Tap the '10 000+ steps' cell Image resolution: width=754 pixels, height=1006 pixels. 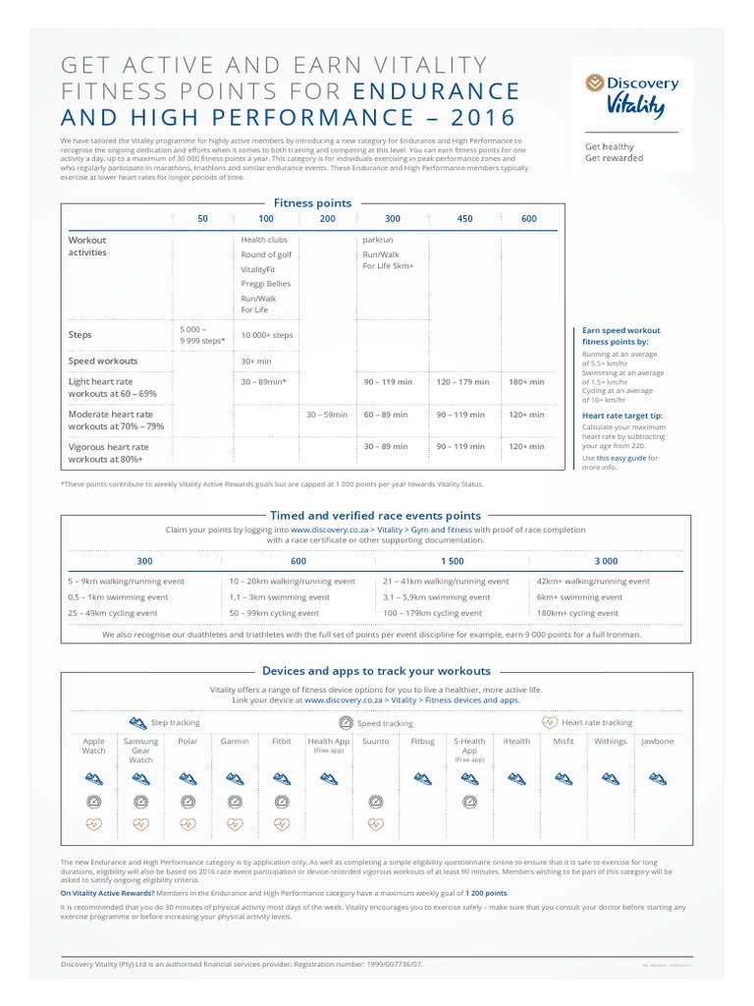point(266,335)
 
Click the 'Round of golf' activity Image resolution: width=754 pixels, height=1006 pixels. point(266,254)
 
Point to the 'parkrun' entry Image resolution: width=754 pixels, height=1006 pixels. point(378,240)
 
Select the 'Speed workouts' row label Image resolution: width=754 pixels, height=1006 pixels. point(103,361)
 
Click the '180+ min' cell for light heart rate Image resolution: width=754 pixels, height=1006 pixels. point(528,381)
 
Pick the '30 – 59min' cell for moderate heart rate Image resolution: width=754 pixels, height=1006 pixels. point(327,415)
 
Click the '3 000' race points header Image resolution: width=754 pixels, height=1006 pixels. point(607,561)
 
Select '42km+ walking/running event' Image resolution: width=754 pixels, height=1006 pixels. point(593,582)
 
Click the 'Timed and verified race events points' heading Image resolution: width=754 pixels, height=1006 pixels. point(377,515)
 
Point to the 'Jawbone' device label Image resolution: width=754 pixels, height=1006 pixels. point(657,742)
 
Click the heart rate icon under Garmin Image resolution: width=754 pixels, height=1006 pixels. point(234,824)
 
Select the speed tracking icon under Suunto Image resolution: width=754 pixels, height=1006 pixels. point(375,801)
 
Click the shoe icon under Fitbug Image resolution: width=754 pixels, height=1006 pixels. point(422,777)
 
